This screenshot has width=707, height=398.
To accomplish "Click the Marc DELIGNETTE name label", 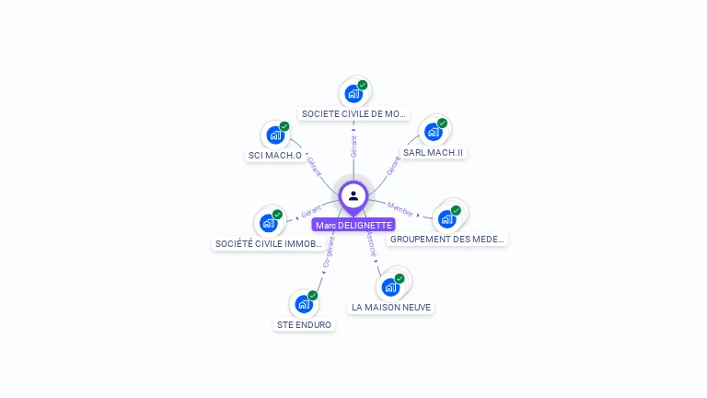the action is point(353,225).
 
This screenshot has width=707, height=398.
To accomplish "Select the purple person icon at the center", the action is point(353,195).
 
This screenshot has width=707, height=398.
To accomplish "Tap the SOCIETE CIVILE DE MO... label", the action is point(354,114).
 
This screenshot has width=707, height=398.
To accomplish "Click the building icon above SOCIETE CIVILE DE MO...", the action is point(353,93).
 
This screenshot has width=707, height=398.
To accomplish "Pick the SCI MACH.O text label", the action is point(275,155).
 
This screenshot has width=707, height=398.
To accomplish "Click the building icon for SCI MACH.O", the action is point(275,135).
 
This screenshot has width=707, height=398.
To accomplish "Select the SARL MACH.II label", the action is point(433,152).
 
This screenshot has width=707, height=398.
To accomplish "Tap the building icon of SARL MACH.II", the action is point(433,132).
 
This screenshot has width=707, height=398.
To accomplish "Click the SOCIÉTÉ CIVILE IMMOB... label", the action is point(269,244).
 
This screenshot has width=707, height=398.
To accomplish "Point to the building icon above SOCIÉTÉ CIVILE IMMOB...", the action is point(269,223).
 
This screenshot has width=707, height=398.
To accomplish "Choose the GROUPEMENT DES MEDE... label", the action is point(447,239).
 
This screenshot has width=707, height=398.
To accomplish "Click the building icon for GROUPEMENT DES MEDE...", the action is point(447,218).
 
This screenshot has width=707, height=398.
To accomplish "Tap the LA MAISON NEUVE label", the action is point(391,307).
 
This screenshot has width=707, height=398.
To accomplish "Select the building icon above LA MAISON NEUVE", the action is point(391,287).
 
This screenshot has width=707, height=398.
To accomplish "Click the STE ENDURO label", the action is point(305,324).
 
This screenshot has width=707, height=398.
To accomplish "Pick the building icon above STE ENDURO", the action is point(305,304).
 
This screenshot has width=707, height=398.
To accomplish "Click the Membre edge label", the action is point(400,207).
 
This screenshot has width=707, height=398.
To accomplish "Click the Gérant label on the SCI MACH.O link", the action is point(313,166).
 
